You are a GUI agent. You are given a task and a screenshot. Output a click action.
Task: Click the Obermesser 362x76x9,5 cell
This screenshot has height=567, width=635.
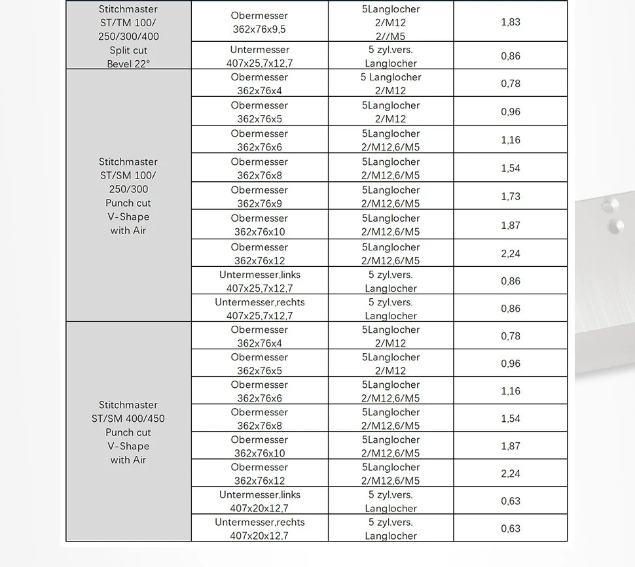click(x=259, y=22)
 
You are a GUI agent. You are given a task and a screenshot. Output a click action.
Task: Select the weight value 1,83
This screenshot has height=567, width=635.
click(x=511, y=22)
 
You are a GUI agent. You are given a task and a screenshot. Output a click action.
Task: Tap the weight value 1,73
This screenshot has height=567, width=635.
click(x=511, y=196)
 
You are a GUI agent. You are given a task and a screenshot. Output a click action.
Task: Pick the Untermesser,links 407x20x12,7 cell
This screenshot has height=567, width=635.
click(x=259, y=501)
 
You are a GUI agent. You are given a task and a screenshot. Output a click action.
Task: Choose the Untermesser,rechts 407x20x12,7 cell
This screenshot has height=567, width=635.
click(x=259, y=528)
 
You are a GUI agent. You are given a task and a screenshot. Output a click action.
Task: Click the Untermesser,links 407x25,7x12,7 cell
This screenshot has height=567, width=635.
click(x=259, y=281)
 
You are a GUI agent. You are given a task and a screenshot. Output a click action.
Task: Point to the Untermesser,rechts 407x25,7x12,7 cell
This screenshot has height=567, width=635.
click(x=259, y=309)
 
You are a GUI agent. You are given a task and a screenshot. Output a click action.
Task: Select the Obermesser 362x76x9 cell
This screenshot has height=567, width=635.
click(x=259, y=196)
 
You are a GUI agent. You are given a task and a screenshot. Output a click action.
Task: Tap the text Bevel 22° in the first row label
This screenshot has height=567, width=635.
click(x=128, y=63)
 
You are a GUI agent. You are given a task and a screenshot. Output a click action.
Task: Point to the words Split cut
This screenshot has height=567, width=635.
click(x=128, y=50)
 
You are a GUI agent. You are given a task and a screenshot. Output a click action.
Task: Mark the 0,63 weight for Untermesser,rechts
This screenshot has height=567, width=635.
click(x=511, y=528)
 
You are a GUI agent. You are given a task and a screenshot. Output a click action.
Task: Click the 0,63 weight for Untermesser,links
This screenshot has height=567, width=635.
click(x=511, y=501)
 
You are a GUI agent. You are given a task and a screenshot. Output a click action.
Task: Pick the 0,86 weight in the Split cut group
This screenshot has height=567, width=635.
click(x=511, y=56)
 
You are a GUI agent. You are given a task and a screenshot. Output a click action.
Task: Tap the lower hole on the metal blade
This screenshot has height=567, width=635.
click(x=616, y=227)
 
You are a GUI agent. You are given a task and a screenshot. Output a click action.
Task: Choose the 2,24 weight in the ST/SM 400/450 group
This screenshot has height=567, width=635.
click(x=511, y=473)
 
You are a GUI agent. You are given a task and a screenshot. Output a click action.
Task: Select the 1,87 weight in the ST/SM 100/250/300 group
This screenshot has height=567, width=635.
click(x=511, y=225)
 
